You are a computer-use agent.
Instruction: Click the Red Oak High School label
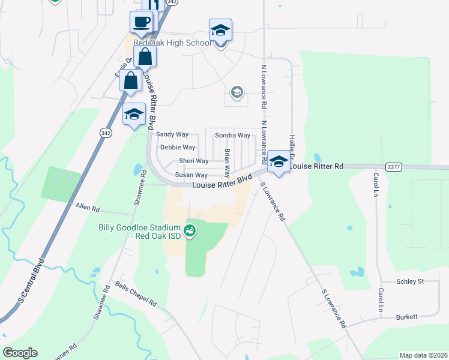pos(172,43)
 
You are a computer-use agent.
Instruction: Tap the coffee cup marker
pos(141,23)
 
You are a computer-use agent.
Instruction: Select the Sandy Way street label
pos(172,135)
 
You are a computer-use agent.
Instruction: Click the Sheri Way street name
pos(194,161)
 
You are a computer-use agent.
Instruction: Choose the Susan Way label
pos(191,175)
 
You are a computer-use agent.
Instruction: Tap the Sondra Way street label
pos(232,135)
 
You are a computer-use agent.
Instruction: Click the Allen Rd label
pos(88,207)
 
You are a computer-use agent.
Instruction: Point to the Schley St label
pos(410,281)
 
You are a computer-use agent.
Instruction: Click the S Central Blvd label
pos(31,281)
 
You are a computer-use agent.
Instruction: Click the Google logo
pos(20,353)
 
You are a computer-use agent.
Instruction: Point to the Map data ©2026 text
pos(423,355)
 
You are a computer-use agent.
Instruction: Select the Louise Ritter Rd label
pos(316,166)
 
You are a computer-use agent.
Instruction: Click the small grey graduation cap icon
pos(237,92)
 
